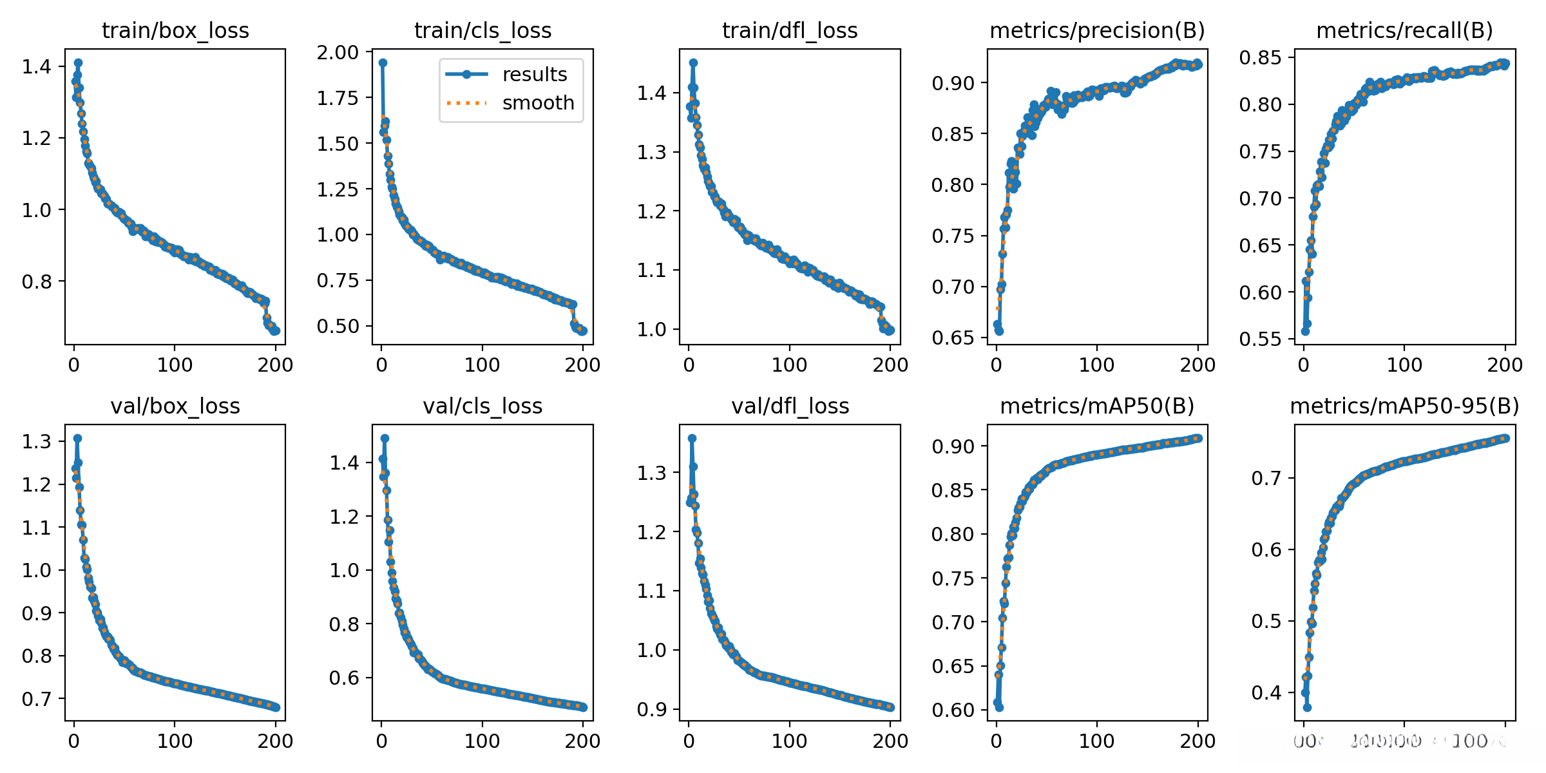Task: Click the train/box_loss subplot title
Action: [175, 30]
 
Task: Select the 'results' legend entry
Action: [535, 75]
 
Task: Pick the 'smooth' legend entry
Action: [538, 103]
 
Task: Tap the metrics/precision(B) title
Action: [1097, 30]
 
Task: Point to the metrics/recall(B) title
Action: [1404, 30]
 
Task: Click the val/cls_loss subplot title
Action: [482, 406]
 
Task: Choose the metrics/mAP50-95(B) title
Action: [1404, 406]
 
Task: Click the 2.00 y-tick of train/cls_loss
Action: [338, 52]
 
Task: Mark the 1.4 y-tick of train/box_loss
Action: [36, 66]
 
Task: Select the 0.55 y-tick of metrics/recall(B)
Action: [1260, 339]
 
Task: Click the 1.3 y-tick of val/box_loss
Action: [36, 441]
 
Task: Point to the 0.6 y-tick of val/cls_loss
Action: [344, 678]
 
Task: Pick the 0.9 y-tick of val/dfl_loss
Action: [651, 709]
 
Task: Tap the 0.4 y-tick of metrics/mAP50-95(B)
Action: [1266, 693]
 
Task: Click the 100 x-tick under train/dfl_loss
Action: [790, 365]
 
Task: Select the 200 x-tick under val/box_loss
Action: [275, 741]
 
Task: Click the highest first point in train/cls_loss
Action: [383, 63]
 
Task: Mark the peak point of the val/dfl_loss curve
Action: [692, 438]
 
